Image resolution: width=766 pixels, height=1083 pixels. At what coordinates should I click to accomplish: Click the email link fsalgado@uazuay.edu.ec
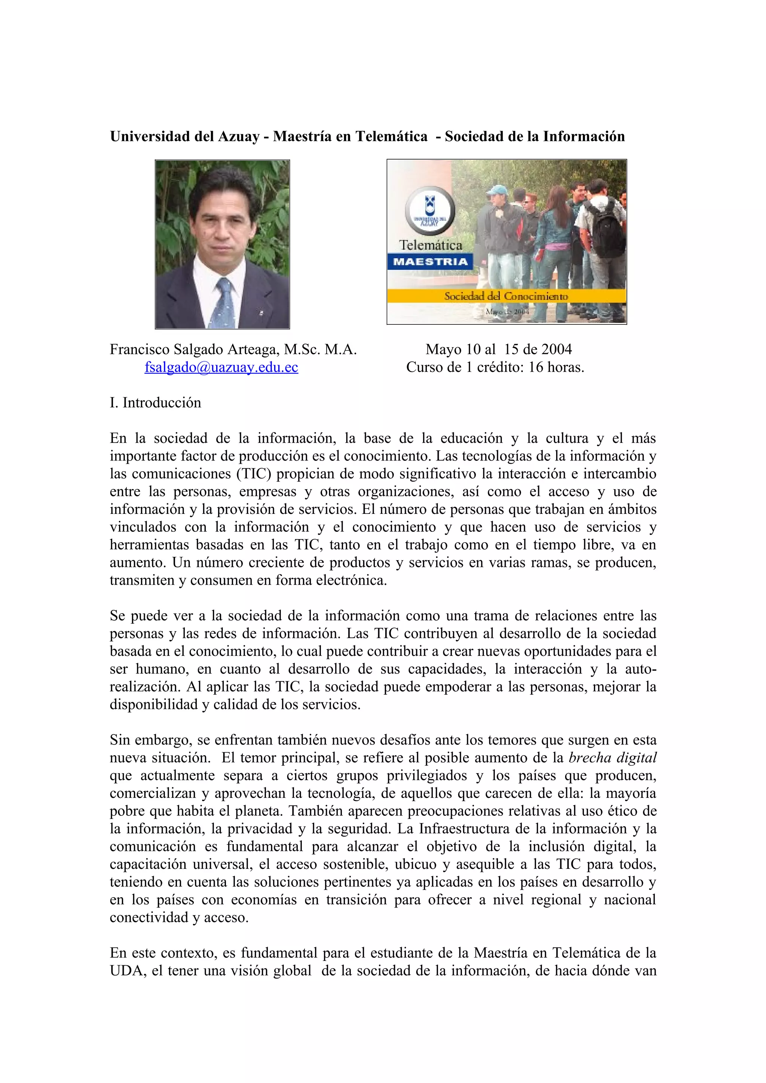click(221, 367)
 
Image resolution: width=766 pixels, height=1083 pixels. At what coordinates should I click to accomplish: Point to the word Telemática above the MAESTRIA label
click(431, 245)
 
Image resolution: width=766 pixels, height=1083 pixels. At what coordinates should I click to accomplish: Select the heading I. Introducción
click(155, 403)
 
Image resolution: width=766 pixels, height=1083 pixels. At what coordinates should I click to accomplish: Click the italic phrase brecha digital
click(612, 758)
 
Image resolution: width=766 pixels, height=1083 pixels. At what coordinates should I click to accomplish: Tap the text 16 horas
click(556, 367)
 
